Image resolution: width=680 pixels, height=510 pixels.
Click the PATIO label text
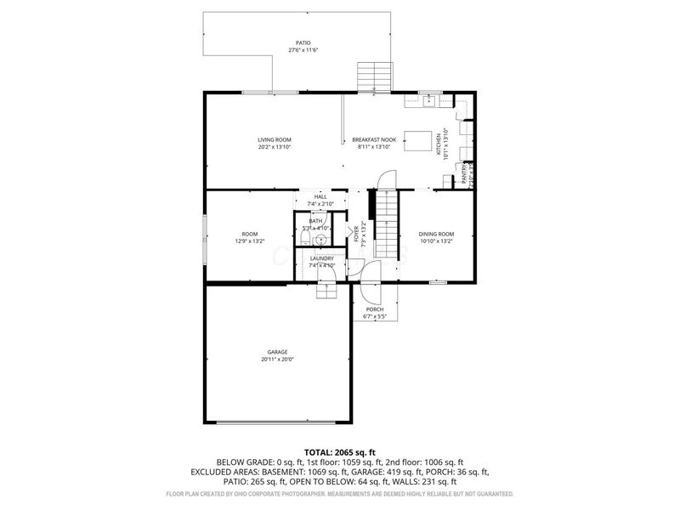tap(303, 42)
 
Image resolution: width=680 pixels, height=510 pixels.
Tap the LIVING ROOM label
tap(275, 139)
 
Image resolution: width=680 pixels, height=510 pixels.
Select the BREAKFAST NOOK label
tap(374, 139)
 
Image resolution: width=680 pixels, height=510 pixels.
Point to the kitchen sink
tap(429, 101)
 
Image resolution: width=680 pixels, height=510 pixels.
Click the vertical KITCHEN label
tap(439, 144)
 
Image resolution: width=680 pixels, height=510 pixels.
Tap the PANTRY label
tap(463, 174)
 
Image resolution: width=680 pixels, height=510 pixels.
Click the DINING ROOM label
tap(436, 234)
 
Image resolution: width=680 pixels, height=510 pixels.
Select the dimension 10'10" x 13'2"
tap(436, 241)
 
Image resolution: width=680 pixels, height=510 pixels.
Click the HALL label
tap(320, 196)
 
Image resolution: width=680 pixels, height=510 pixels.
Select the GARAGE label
tap(277, 352)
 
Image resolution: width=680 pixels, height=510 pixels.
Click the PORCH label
tap(374, 309)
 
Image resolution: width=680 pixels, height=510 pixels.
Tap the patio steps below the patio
tap(373, 76)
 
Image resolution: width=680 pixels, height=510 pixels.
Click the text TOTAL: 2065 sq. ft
tap(340, 452)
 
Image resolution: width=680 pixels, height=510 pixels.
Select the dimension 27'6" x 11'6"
tap(303, 51)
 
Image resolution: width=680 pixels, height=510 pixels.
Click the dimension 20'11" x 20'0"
tap(277, 360)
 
